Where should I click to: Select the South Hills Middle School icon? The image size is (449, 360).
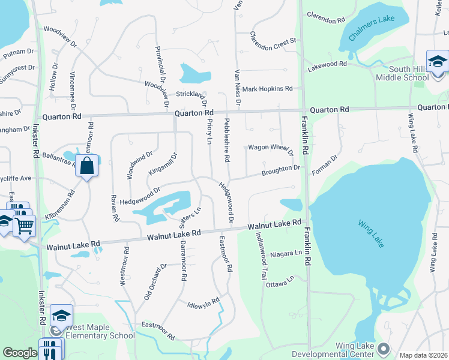click(438, 62)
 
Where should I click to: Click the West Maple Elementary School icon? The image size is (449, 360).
click(61, 316)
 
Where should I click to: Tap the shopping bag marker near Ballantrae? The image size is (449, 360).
click(87, 166)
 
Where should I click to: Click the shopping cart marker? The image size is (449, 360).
click(25, 226)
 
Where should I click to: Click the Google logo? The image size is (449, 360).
click(20, 353)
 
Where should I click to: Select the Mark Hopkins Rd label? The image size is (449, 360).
click(267, 89)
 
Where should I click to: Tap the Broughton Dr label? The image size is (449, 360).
click(280, 170)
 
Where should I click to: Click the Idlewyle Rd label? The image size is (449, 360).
click(203, 302)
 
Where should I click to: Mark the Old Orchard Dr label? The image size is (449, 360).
click(155, 282)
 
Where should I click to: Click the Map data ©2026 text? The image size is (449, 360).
click(423, 355)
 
